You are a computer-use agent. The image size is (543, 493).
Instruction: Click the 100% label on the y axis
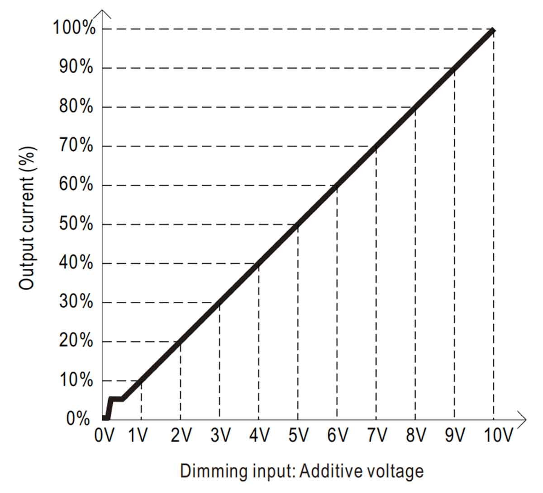click(74, 28)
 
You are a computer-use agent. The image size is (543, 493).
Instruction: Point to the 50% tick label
click(76, 224)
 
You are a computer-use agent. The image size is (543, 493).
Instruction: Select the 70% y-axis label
click(76, 146)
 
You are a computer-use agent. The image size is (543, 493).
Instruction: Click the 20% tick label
click(76, 341)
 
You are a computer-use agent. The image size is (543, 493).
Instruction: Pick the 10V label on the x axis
click(498, 436)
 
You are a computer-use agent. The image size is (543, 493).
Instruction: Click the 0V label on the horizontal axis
click(105, 436)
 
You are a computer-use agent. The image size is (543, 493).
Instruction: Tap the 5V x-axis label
click(298, 436)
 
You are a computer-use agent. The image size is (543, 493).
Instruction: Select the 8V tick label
click(415, 436)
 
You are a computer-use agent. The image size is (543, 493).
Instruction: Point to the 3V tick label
click(220, 436)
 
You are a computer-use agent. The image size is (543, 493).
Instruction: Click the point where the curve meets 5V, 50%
click(298, 225)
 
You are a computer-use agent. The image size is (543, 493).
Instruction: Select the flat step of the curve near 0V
click(116, 399)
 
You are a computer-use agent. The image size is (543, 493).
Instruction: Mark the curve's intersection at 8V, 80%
click(415, 108)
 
